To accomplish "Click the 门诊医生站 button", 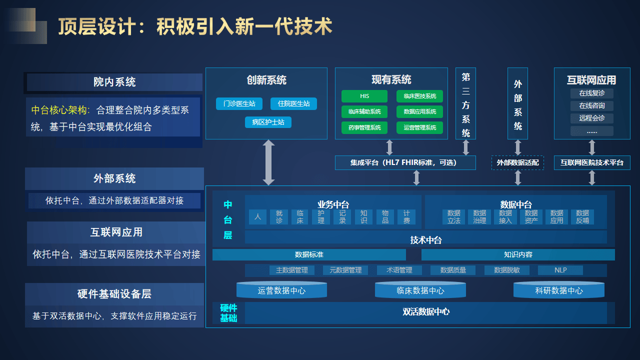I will [x=239, y=103].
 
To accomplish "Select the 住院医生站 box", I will [x=293, y=103].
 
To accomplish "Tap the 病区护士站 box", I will [x=268, y=122].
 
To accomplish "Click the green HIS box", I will [x=364, y=96].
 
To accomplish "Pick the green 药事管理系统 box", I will [x=364, y=127].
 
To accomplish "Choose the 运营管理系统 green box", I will [x=419, y=127].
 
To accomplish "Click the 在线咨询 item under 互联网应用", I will [x=591, y=106].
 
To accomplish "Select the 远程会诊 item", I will [x=591, y=118].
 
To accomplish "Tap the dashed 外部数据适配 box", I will [x=517, y=162].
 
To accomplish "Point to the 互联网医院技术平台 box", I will [x=592, y=162].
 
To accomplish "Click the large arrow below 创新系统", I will [x=269, y=162].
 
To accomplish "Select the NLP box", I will [x=560, y=270].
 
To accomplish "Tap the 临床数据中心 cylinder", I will [x=420, y=290].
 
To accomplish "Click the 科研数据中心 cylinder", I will [x=558, y=290].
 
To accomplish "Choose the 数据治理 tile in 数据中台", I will [x=479, y=217].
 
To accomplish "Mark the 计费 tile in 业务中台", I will [x=406, y=217].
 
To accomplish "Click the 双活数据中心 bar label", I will [x=426, y=312].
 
